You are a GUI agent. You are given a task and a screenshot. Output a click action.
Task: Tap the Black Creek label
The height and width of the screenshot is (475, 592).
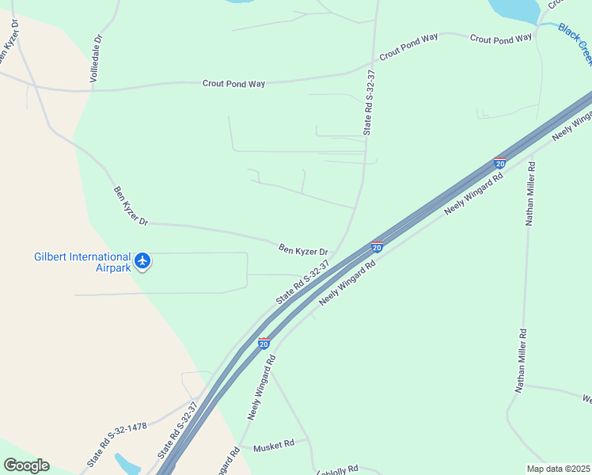click(x=575, y=44)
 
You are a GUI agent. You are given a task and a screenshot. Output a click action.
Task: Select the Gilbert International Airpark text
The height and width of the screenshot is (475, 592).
click(x=82, y=262)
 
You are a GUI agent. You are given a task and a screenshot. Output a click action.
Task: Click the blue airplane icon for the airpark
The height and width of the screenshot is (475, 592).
click(x=142, y=260)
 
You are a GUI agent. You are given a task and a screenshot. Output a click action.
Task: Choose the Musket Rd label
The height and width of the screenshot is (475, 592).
click(x=274, y=446)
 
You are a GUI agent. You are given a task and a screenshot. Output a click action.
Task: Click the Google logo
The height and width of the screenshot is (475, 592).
click(x=26, y=465)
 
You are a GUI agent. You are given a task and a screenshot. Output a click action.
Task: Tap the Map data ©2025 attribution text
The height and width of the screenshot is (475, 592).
click(x=558, y=469)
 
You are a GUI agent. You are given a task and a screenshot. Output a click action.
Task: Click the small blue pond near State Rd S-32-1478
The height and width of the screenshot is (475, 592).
click(x=127, y=463)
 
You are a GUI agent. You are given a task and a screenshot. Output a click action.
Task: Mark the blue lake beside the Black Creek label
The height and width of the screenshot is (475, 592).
click(x=514, y=9)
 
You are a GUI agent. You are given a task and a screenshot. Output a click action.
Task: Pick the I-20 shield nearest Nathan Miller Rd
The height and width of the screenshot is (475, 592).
click(x=499, y=162)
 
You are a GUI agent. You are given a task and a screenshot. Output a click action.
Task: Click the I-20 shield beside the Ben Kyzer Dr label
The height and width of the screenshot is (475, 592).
click(x=377, y=247)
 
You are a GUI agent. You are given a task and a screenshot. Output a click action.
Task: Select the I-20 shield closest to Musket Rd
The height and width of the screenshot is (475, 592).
click(x=264, y=344)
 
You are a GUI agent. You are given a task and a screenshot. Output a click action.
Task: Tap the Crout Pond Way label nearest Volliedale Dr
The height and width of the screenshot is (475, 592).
click(x=233, y=83)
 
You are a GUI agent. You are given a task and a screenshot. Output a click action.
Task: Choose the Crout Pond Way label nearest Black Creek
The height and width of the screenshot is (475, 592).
click(x=501, y=38)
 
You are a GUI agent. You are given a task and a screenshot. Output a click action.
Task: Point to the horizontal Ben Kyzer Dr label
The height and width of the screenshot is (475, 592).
click(x=303, y=249)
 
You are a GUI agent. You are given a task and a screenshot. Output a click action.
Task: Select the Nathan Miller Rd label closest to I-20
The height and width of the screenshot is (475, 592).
click(x=531, y=194)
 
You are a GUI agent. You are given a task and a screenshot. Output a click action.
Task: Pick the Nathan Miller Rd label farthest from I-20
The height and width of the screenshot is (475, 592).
click(x=522, y=361)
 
